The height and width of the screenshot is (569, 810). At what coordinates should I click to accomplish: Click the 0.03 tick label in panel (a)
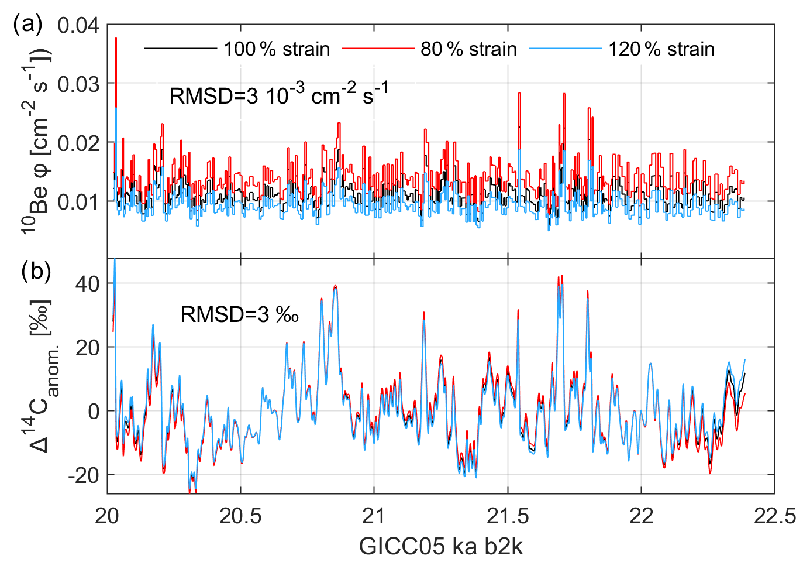pos(78,84)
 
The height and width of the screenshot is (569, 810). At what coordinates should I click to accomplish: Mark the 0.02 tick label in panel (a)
pos(78,143)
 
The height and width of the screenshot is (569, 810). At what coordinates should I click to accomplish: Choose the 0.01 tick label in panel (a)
pos(78,202)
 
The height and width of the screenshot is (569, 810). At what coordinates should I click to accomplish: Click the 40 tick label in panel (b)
pos(87,283)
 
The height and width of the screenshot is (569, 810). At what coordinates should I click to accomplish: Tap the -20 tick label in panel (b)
pos(84,475)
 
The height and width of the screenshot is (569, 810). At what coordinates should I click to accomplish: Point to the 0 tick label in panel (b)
pos(94,411)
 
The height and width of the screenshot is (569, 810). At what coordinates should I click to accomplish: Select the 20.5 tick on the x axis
pos(240,516)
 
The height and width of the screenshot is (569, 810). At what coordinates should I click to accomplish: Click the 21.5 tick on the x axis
pos(508,516)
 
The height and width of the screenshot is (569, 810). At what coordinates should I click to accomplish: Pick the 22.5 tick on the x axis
pos(774,516)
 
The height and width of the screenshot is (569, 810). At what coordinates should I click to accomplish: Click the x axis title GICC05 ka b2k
pos(441,546)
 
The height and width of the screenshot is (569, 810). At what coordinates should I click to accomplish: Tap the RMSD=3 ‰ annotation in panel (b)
pos(240,315)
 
